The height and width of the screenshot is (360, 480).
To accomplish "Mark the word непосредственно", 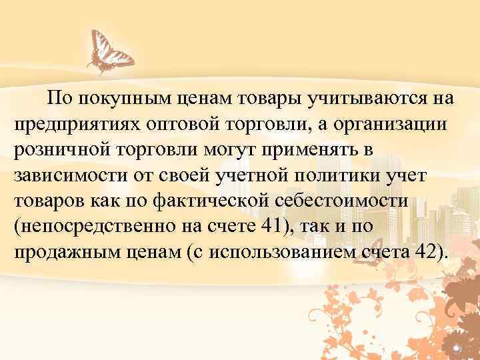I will click(94, 227).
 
